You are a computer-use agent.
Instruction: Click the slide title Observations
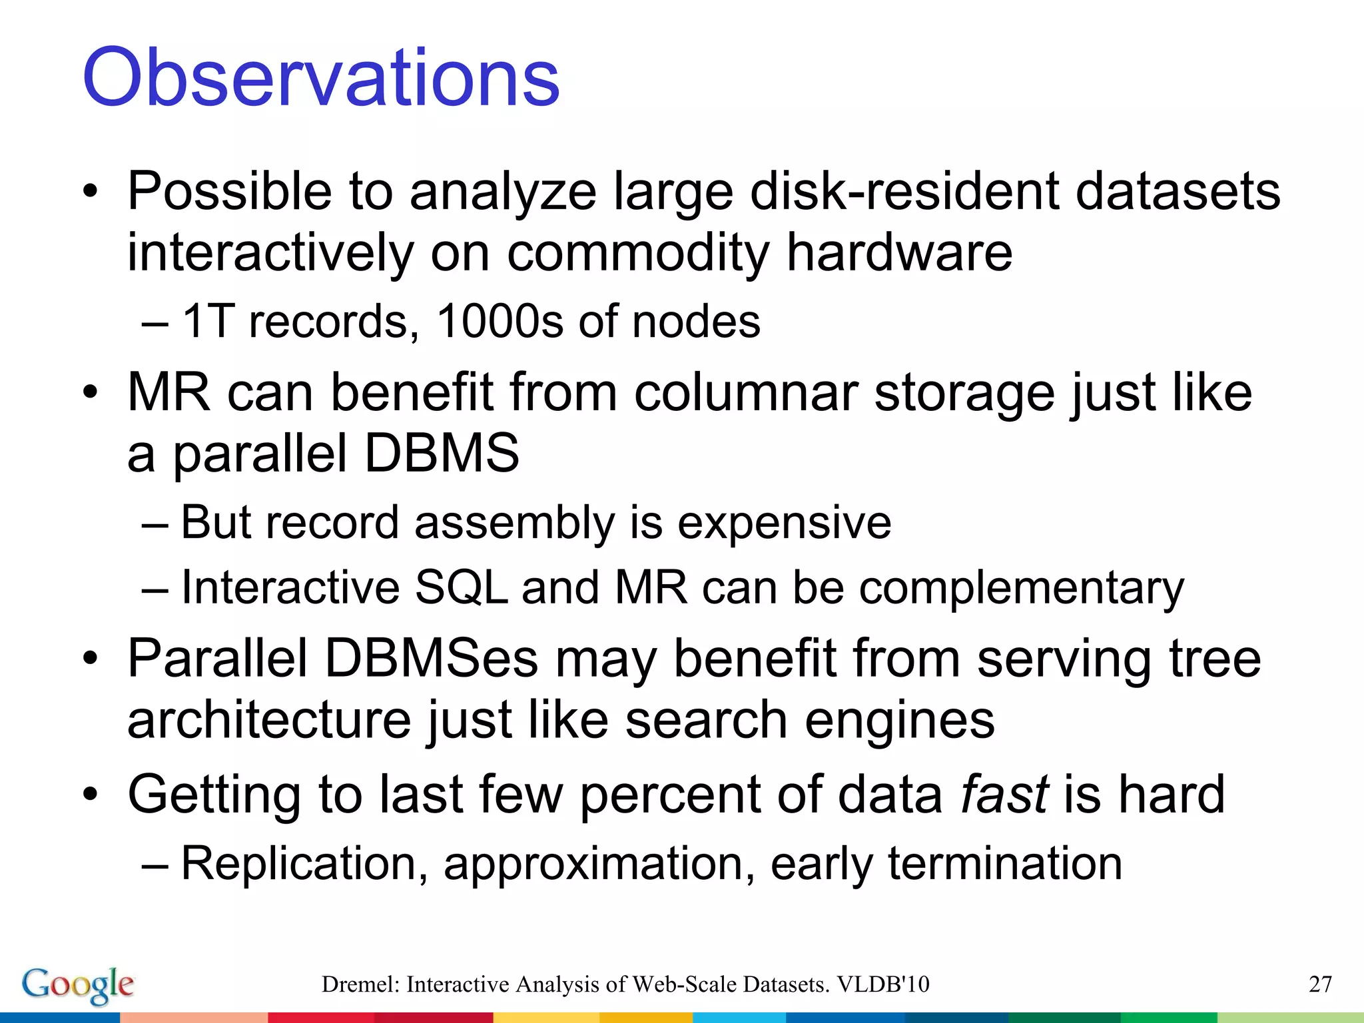[x=320, y=78]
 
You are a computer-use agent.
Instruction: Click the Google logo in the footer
[x=77, y=984]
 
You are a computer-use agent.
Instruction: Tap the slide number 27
[x=1320, y=984]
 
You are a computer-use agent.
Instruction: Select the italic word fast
[x=1004, y=794]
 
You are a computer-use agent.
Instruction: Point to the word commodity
[x=638, y=253]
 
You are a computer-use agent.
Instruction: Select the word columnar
[x=745, y=392]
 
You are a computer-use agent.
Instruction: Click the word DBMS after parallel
[x=442, y=454]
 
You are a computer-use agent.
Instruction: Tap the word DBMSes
[x=431, y=659]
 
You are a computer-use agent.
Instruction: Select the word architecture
[x=269, y=721]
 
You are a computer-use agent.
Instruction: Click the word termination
[x=1005, y=864]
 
